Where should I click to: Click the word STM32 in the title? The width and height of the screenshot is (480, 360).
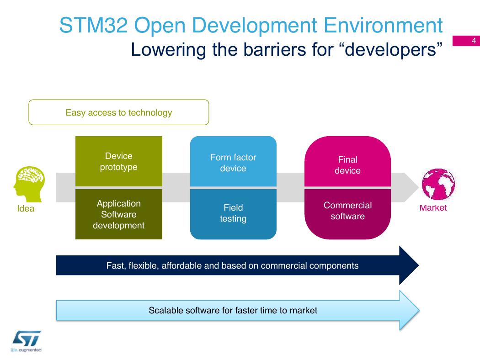93,25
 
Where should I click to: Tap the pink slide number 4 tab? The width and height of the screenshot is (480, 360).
466,41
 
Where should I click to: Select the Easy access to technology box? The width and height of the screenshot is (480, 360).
119,112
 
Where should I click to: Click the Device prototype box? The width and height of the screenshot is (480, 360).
119,161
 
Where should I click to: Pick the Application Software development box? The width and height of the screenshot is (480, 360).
119,214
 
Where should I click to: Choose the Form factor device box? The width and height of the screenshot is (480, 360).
233,161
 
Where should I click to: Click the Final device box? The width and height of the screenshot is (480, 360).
348,161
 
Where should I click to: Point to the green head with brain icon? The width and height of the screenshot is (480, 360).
29,184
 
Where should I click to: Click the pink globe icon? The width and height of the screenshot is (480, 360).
438,184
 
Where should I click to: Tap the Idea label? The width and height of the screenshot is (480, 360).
26,209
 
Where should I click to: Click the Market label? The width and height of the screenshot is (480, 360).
433,208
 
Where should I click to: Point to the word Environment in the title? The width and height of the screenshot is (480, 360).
383,25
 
